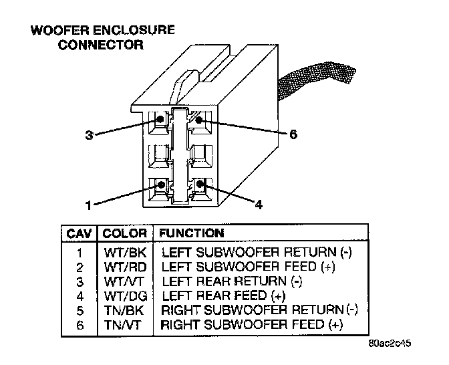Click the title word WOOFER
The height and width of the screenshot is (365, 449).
pyautogui.click(x=54, y=30)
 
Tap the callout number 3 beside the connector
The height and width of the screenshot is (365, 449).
pyautogui.click(x=89, y=134)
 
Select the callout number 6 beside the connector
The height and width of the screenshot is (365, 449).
pyautogui.click(x=292, y=134)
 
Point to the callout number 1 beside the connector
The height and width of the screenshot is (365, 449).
pyautogui.click(x=89, y=203)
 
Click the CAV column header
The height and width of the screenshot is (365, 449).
pyautogui.click(x=80, y=234)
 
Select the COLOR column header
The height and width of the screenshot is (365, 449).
pyautogui.click(x=124, y=234)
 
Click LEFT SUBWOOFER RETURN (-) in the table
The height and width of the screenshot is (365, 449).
pyautogui.click(x=256, y=253)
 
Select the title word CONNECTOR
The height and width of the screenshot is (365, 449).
pyautogui.click(x=101, y=45)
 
